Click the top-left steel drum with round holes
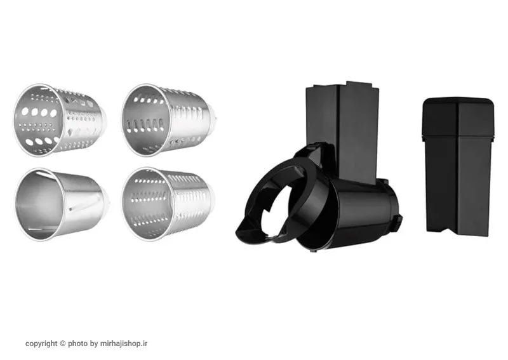[60, 121]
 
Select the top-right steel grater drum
[169, 120]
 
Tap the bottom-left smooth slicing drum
[62, 204]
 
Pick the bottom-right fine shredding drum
[168, 204]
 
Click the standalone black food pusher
[458, 166]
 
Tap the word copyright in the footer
[41, 343]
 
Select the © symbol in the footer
[63, 343]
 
